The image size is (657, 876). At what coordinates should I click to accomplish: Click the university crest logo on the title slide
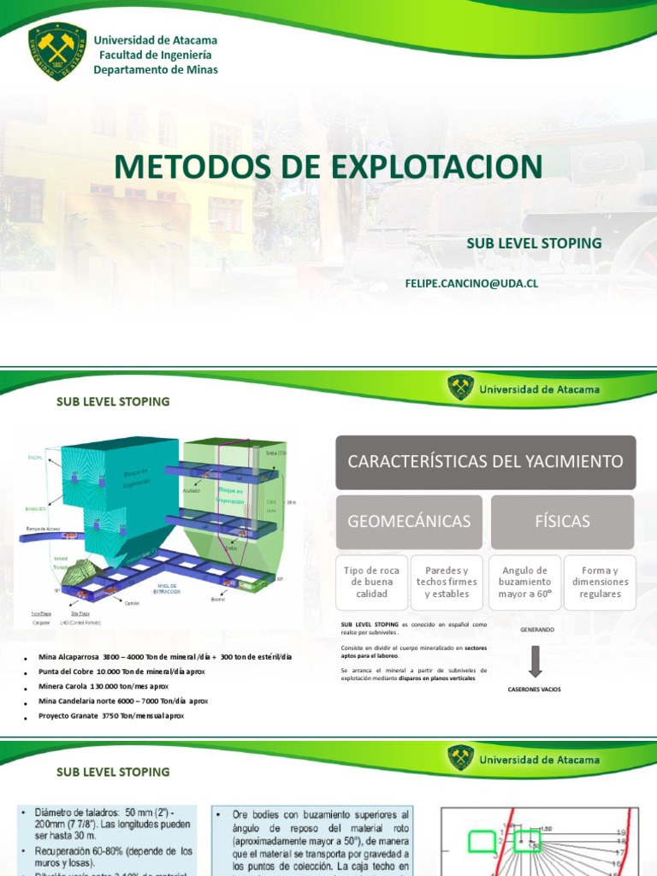coord(57,52)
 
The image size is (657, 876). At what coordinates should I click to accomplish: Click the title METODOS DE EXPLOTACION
coord(328,166)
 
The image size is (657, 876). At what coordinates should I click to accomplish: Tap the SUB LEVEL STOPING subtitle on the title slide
coord(534,244)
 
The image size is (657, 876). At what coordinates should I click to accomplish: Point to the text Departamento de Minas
coord(155,69)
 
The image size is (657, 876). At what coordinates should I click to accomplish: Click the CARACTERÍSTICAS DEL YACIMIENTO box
coord(485,462)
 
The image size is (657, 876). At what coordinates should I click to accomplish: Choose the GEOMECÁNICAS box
coord(408,521)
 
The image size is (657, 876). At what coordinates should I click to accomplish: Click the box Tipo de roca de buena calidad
coord(371,582)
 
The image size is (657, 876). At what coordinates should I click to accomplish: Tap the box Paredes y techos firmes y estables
coord(447,582)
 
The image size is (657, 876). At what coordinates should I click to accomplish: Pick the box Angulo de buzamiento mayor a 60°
coord(524,582)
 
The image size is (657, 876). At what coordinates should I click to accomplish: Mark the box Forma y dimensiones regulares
coord(600,582)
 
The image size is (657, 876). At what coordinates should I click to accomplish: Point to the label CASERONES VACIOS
coord(535,689)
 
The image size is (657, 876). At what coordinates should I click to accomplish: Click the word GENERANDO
coord(536,630)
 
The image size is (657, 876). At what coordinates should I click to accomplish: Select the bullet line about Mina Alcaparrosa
coord(165,657)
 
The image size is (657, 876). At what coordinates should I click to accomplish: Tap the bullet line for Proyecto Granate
coord(111,716)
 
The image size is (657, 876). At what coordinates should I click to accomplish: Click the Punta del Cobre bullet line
coord(122,672)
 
